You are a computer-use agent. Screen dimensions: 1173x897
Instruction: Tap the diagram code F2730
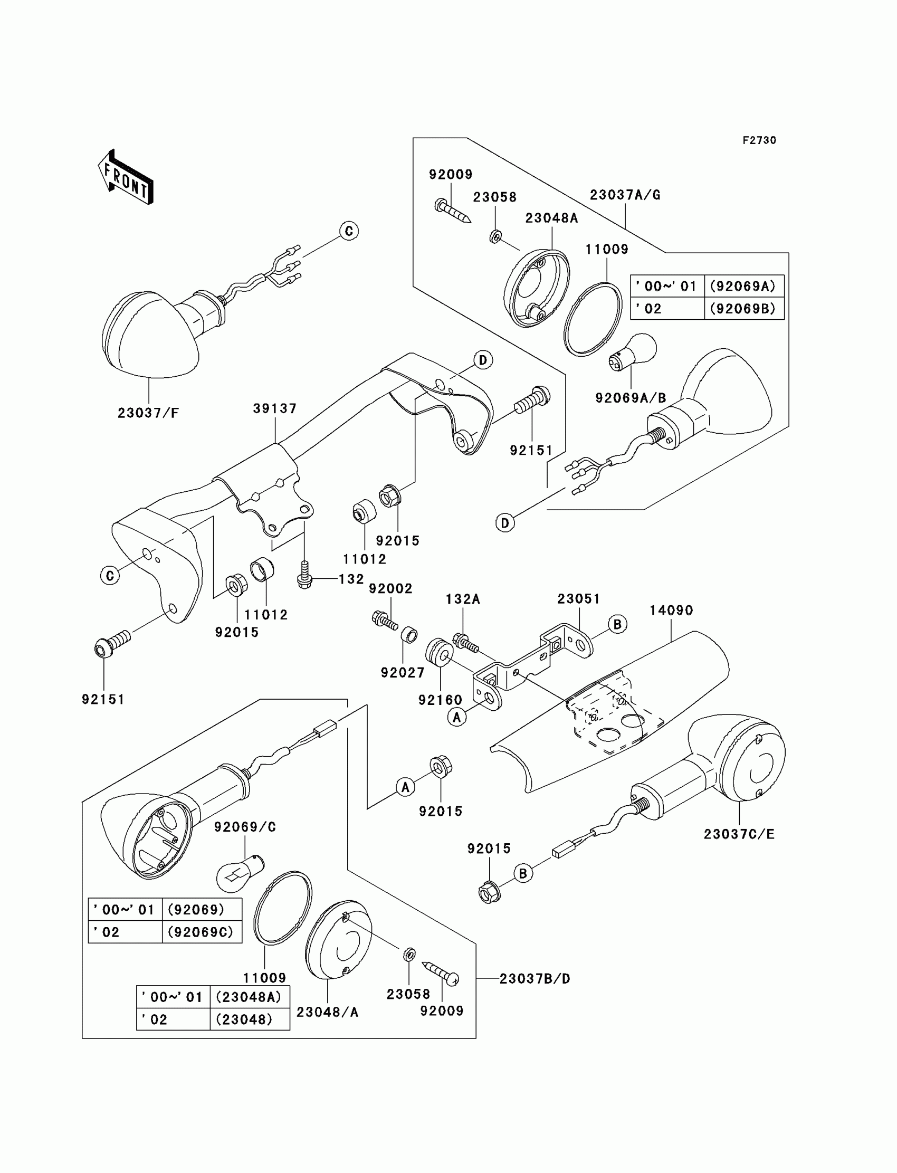click(x=759, y=140)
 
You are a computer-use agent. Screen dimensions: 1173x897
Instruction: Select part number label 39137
click(x=275, y=408)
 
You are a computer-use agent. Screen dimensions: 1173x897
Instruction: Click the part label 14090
click(x=671, y=611)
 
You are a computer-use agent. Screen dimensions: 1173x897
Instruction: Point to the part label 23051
click(x=579, y=599)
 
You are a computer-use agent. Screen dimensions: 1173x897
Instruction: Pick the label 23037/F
click(x=148, y=413)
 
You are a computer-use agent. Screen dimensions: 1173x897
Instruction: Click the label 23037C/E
click(x=739, y=834)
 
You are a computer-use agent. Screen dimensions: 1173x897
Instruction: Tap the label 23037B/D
click(x=535, y=979)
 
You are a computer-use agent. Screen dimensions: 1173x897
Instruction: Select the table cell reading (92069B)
click(x=744, y=309)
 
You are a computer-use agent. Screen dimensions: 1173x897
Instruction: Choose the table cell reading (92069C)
click(x=201, y=932)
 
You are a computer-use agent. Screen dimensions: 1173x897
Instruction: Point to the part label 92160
click(x=441, y=700)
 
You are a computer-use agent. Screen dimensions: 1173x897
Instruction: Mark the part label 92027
click(x=403, y=673)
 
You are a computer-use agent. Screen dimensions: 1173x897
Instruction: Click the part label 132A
click(x=463, y=599)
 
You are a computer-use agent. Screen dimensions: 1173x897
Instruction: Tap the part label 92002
click(x=391, y=588)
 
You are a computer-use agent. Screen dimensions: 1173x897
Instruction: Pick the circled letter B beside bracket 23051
click(x=618, y=624)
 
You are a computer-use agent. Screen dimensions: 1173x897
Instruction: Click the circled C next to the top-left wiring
click(x=349, y=231)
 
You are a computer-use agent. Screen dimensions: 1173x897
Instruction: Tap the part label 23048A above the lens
click(x=551, y=218)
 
